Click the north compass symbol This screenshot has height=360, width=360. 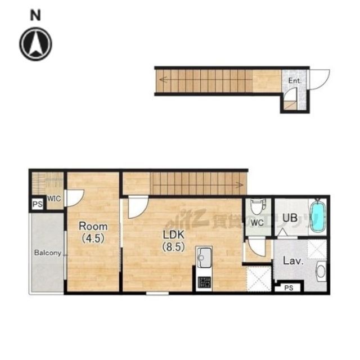coord(35,44)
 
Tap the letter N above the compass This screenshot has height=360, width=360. coord(35,15)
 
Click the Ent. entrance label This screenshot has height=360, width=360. coord(295,81)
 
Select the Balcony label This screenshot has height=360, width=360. coord(48,253)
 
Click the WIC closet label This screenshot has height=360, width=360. coord(54,199)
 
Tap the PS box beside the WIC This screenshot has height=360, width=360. coord(38,204)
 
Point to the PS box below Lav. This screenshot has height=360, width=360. coord(289,287)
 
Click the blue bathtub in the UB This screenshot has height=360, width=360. coord(318,216)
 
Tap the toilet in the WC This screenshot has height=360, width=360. coord(256,206)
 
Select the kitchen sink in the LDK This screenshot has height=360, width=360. coord(204,258)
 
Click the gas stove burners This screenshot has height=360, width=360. coord(204,282)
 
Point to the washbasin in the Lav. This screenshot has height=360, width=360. coord(321,271)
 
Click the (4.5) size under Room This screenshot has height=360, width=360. coord(93,238)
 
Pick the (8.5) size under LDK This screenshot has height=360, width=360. coord(174,247)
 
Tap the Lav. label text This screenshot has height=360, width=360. coord(293,261)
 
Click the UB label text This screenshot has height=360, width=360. coord(290,218)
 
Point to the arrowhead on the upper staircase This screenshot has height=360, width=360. coord(163,80)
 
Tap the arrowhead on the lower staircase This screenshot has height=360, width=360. coord(240,184)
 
